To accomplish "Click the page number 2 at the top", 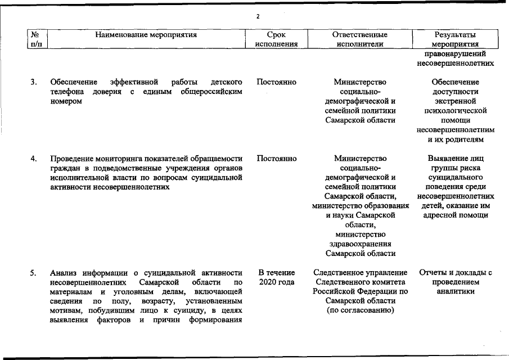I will (x=258, y=16).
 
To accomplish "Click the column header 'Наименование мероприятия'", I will (x=146, y=34).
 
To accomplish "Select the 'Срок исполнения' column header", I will (x=276, y=39).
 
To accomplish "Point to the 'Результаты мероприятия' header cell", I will (x=456, y=39).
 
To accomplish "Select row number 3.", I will (x=34, y=82).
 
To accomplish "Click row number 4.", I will (x=34, y=159).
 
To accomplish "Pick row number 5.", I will (x=34, y=273).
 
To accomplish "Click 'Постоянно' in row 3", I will (x=276, y=82).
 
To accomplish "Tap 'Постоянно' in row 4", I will (x=276, y=159).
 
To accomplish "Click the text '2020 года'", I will (x=276, y=282).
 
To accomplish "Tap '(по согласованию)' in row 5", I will (x=360, y=309).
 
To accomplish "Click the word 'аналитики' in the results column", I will (x=456, y=291).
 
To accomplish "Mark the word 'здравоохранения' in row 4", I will (x=360, y=244).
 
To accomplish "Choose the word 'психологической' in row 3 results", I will (x=456, y=111).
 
